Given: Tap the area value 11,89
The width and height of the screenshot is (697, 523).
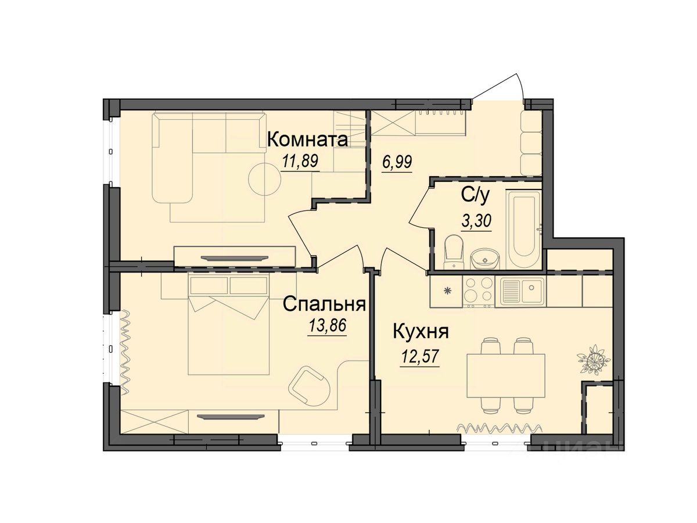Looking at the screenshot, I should [300, 161].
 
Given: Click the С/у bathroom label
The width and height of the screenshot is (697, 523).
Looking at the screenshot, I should [476, 196].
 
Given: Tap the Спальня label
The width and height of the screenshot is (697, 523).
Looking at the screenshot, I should [324, 304].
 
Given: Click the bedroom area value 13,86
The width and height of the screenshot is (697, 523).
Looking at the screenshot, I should [328, 325].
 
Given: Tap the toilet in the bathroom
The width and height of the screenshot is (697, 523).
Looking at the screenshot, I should [452, 252].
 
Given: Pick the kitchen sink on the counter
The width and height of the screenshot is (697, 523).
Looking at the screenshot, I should [522, 291].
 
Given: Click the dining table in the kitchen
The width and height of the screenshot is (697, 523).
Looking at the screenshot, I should [506, 375].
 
